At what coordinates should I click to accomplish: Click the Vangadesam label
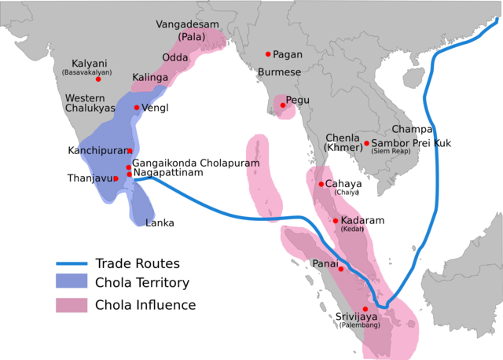pos(189,24)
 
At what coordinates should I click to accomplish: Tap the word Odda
pos(174,57)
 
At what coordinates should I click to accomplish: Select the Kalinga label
pos(149,78)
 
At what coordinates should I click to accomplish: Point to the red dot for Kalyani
pos(98,79)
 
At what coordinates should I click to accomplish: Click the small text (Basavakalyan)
pos(86,72)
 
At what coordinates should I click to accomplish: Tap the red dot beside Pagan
pos(268,54)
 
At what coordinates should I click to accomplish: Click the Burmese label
pos(280,72)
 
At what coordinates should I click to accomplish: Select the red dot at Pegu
pos(282,105)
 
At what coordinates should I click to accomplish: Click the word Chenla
pos(342,138)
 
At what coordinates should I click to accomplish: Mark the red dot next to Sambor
pos(366,143)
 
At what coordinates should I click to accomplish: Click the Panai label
pos(325,263)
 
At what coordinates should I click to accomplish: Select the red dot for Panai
pos(341,269)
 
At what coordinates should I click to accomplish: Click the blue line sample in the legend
pos(72,264)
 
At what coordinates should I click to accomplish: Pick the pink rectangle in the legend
pos(72,305)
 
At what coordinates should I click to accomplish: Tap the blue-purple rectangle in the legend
pos(72,280)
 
